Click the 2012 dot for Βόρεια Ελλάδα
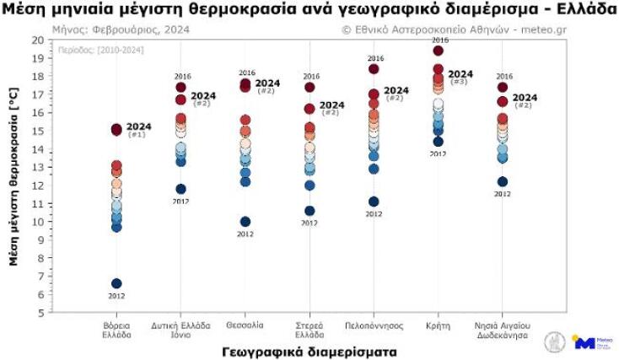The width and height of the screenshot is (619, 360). pos(116,283)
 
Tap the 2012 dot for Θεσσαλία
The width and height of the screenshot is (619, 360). pos(245,222)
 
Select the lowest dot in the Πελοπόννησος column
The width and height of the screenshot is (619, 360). pos(374,201)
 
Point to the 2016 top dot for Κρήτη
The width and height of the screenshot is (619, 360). pos(439,51)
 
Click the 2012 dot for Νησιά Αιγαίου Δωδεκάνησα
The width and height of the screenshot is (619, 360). pos(503,181)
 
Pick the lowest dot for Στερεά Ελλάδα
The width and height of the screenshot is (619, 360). pos(309,211)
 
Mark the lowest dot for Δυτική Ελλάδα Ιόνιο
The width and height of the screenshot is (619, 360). pos(180,189)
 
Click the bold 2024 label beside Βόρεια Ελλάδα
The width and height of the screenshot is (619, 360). pos(138,126)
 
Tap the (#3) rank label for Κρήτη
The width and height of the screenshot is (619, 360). pos(460,82)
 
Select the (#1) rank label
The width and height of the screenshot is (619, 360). pos(137,135)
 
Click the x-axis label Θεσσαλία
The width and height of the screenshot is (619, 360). pos(245,324)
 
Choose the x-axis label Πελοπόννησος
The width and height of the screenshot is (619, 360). pos(374,324)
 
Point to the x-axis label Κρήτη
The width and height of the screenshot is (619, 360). pos(439,324)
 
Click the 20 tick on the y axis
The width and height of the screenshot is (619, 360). pos(36,40)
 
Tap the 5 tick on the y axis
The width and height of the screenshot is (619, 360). pos(39,313)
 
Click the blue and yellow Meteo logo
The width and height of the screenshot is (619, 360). pos(585,341)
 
